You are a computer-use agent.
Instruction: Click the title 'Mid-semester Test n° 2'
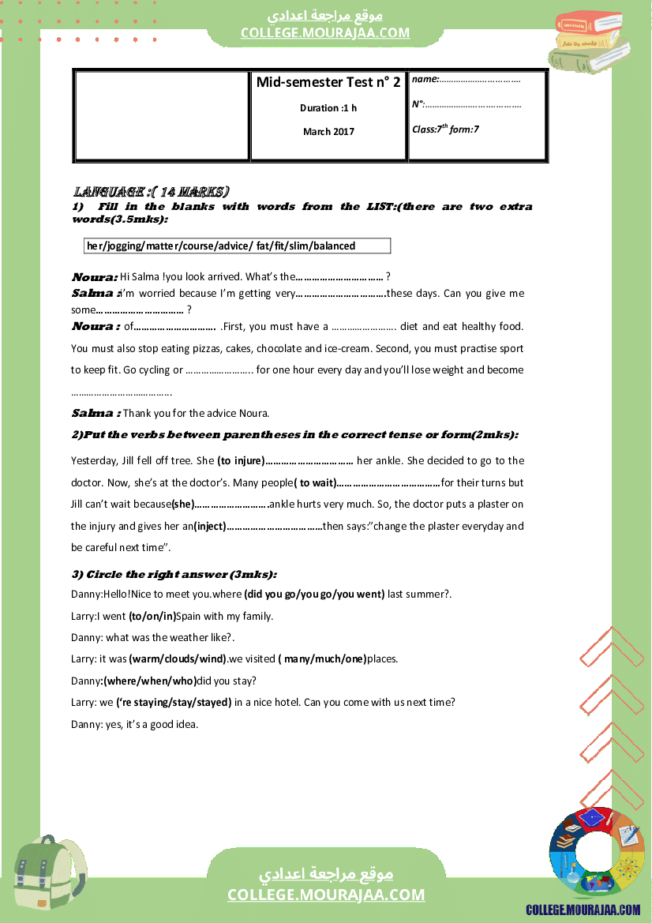(x=328, y=82)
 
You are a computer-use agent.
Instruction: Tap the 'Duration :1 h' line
(x=328, y=108)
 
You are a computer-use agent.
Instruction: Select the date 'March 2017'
(x=328, y=132)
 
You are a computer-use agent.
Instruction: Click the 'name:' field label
(x=425, y=79)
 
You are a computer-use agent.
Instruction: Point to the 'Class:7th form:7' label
(x=445, y=129)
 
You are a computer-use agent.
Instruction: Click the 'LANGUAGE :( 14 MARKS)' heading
(x=152, y=192)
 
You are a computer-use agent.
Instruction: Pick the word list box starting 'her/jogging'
(x=237, y=246)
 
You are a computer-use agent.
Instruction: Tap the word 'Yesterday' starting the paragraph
(x=93, y=460)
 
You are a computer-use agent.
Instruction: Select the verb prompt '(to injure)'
(x=240, y=460)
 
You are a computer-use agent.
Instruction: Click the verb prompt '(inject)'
(x=210, y=526)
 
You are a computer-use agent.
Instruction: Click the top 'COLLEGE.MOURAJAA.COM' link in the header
(x=325, y=32)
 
